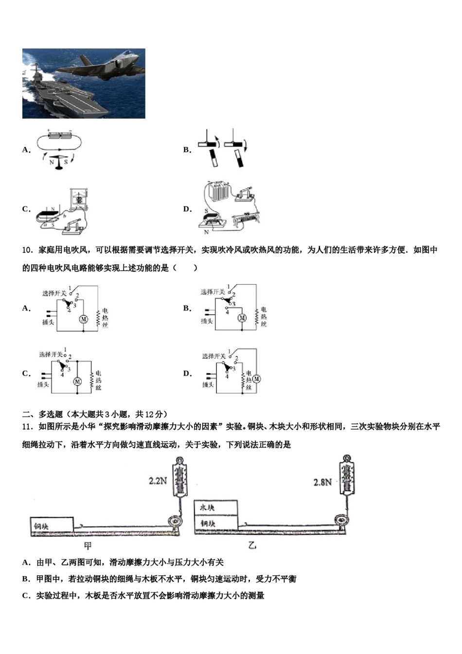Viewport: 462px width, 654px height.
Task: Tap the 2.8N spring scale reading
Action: point(322,482)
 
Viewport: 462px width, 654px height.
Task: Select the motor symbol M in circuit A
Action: point(83,319)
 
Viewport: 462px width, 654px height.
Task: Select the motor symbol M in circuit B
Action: point(242,318)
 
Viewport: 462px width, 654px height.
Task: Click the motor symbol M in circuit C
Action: point(77,382)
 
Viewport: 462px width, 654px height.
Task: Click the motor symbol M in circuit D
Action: point(256,379)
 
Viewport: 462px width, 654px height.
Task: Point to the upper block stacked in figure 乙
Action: point(216,508)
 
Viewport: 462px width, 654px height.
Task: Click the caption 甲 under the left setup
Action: point(88,545)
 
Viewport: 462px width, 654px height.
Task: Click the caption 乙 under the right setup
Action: point(252,545)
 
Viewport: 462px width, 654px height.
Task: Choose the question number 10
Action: point(27,250)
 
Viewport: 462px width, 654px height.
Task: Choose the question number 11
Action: point(27,427)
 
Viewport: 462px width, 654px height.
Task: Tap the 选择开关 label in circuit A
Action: point(54,293)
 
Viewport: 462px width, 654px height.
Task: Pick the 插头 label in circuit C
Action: point(43,385)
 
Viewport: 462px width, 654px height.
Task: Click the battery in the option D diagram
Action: point(218,191)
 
